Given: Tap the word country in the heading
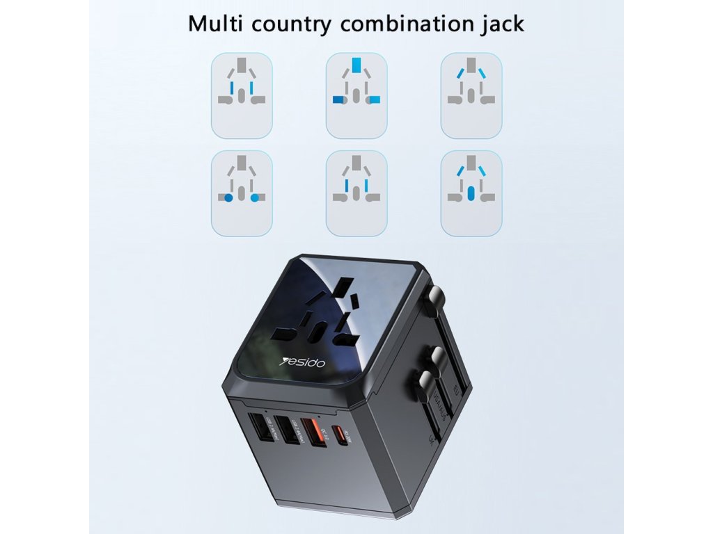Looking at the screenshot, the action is (292, 24).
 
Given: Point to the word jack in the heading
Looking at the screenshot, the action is (503, 24).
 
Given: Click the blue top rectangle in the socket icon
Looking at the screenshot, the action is (356, 67).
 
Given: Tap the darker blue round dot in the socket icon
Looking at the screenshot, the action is (228, 198).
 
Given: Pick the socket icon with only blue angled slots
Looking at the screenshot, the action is (471, 96).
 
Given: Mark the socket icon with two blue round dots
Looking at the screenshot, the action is (242, 193).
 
